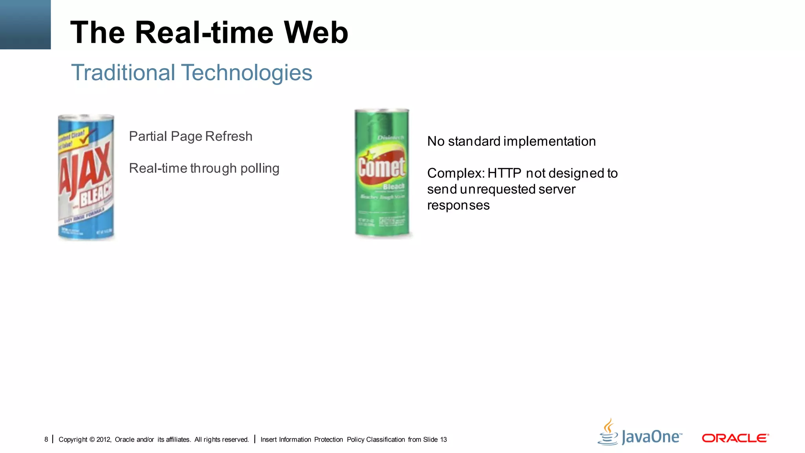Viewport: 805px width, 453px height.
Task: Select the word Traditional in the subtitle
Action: pyautogui.click(x=123, y=73)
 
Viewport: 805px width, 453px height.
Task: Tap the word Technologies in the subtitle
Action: pyautogui.click(x=246, y=73)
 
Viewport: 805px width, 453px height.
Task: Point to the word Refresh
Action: pyautogui.click(x=229, y=136)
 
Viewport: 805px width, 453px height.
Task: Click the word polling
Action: pyautogui.click(x=260, y=168)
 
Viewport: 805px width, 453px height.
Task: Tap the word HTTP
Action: pyautogui.click(x=504, y=173)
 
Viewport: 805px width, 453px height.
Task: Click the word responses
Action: pyautogui.click(x=458, y=206)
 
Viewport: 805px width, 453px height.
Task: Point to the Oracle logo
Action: pyautogui.click(x=735, y=438)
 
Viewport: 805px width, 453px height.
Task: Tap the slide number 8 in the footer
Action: pyautogui.click(x=46, y=440)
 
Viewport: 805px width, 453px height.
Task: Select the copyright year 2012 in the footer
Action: pyautogui.click(x=104, y=440)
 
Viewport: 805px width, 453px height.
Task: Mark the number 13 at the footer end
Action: pyautogui.click(x=443, y=440)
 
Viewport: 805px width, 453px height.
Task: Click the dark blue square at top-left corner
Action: pyautogui.click(x=25, y=24)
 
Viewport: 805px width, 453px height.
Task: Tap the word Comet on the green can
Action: pyautogui.click(x=381, y=168)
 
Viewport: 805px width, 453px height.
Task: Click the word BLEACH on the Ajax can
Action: pyautogui.click(x=96, y=195)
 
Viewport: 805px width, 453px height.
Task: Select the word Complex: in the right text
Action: pyautogui.click(x=456, y=173)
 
